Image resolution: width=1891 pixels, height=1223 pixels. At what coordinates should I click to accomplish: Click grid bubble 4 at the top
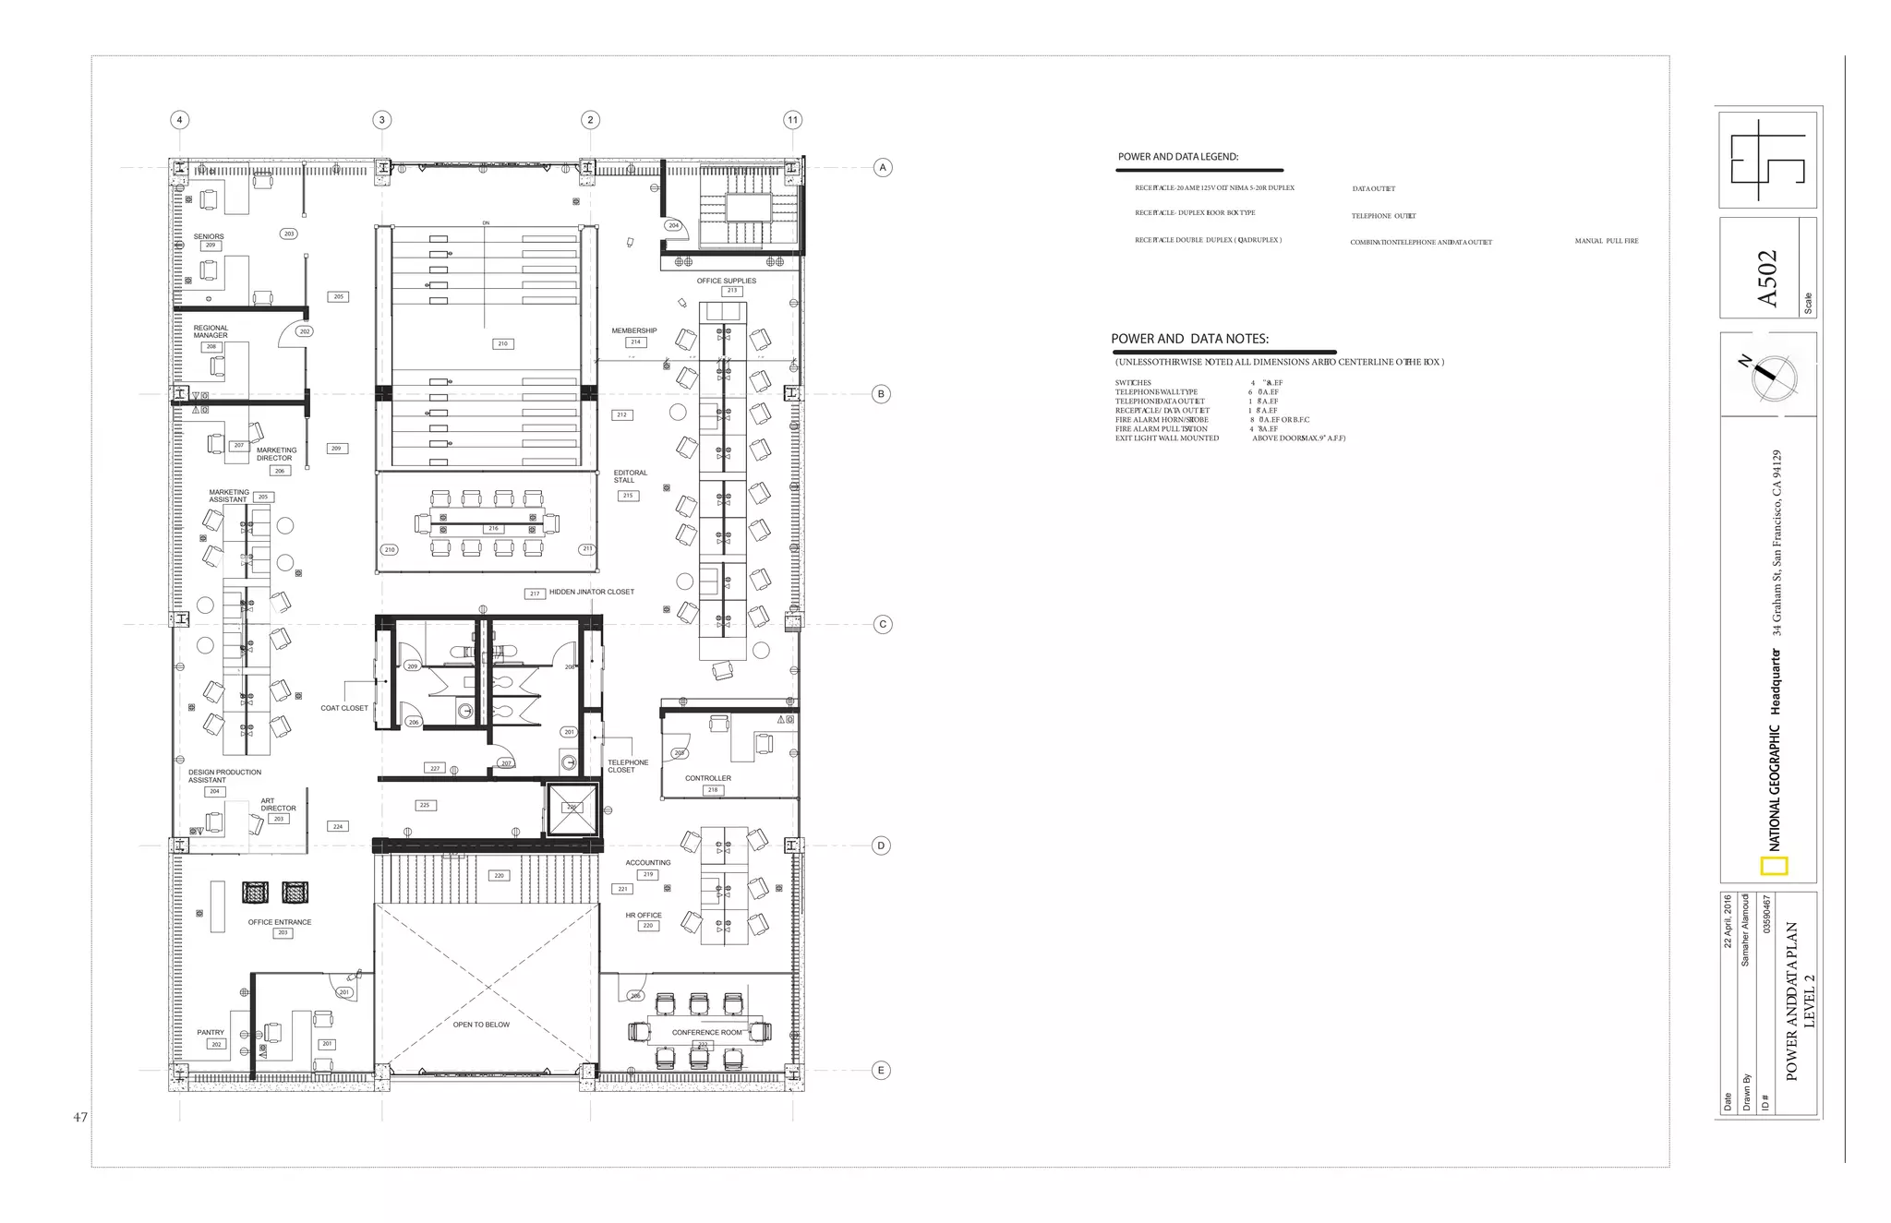tap(180, 120)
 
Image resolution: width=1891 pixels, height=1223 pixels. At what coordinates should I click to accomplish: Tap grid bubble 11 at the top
tap(792, 120)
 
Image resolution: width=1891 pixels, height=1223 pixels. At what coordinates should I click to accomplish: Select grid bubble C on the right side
tap(883, 625)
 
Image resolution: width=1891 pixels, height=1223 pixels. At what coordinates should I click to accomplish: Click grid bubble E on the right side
tap(881, 1071)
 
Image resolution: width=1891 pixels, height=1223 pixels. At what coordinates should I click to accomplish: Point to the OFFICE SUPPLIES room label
tap(726, 281)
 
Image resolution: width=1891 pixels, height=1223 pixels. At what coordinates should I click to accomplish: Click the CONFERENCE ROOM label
tap(706, 1033)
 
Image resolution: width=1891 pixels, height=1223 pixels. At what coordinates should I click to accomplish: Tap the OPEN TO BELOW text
tap(481, 1025)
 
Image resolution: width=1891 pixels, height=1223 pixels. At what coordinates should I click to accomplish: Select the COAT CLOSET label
tap(344, 708)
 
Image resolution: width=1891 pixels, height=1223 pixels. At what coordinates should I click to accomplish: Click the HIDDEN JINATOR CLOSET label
tap(591, 592)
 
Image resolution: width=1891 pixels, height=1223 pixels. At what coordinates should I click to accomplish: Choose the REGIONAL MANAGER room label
tap(211, 331)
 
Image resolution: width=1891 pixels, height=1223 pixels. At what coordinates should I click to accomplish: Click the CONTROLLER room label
tap(708, 778)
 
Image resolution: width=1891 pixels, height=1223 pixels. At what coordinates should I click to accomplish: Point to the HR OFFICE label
tap(644, 916)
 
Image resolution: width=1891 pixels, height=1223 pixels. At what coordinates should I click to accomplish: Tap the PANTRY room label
tap(211, 1033)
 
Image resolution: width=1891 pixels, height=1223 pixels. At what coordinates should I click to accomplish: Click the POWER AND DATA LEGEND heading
tap(1178, 157)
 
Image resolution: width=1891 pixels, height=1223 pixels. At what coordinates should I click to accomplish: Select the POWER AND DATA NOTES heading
tap(1189, 339)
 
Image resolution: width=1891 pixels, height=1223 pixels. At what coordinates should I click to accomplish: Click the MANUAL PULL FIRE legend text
tap(1607, 241)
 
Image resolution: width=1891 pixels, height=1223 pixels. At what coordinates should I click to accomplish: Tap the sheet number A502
tap(1766, 279)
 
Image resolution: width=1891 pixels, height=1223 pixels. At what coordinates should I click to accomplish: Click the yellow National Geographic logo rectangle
tap(1775, 866)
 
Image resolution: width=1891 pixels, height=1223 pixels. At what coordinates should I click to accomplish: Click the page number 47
tap(80, 1118)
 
